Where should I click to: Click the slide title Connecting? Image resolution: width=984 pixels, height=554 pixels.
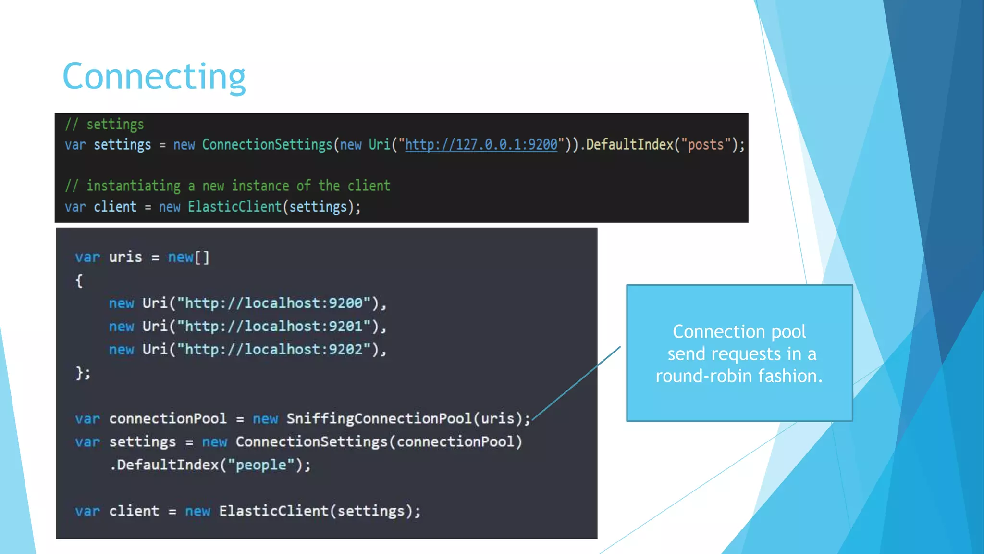[154, 76]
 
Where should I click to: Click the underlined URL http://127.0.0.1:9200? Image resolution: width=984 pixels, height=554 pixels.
[481, 144]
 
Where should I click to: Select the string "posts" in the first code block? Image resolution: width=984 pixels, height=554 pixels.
[705, 144]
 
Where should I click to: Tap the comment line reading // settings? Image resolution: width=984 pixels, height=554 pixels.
[105, 125]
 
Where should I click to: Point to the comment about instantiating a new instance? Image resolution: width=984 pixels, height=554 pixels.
[228, 186]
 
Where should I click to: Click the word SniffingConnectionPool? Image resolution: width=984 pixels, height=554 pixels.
[379, 418]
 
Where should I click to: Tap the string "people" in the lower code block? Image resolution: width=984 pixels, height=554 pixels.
[261, 465]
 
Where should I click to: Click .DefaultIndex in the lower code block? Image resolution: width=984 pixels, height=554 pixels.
[164, 465]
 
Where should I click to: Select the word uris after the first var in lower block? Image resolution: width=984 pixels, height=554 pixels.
[125, 257]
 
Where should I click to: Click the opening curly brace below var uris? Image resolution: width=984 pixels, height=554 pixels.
[79, 280]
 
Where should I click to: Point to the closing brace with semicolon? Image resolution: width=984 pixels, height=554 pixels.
[83, 373]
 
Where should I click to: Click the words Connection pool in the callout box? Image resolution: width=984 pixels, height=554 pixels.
[739, 331]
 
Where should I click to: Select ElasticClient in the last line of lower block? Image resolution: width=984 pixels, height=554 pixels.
[273, 511]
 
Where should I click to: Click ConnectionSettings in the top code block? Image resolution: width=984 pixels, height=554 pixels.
[267, 144]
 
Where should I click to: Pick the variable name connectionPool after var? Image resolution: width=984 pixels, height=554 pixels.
[168, 418]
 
